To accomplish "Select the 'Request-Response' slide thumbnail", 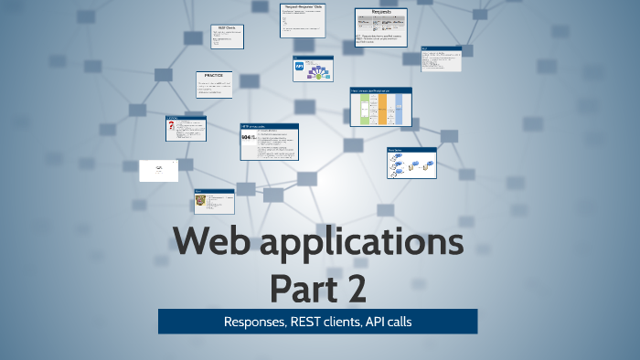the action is click(303, 20).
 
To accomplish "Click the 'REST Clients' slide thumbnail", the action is click(227, 37).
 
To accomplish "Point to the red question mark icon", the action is click(172, 128).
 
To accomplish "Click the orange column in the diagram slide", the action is click(382, 110).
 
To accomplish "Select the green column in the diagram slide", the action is click(363, 110).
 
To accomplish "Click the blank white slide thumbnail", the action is click(158, 171).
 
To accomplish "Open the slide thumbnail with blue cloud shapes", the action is click(411, 164).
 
